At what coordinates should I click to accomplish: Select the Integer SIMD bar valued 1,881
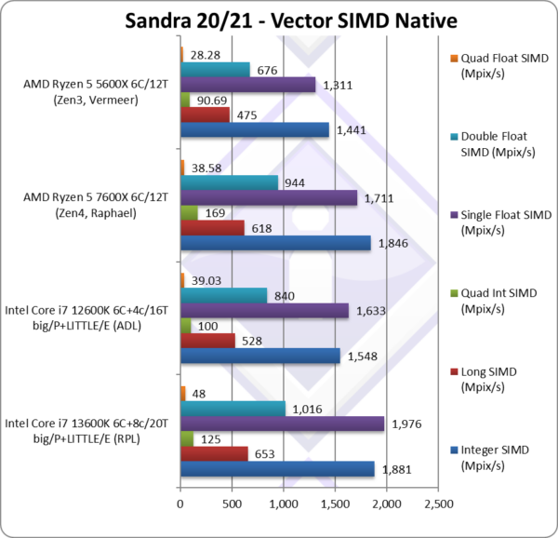(x=277, y=468)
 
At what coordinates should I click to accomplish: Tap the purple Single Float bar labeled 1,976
(x=282, y=424)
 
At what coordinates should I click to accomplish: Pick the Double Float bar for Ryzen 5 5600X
(x=215, y=70)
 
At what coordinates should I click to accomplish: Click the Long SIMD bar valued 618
(x=212, y=228)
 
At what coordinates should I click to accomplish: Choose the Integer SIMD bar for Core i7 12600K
(x=260, y=356)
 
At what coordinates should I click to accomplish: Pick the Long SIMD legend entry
(x=492, y=379)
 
